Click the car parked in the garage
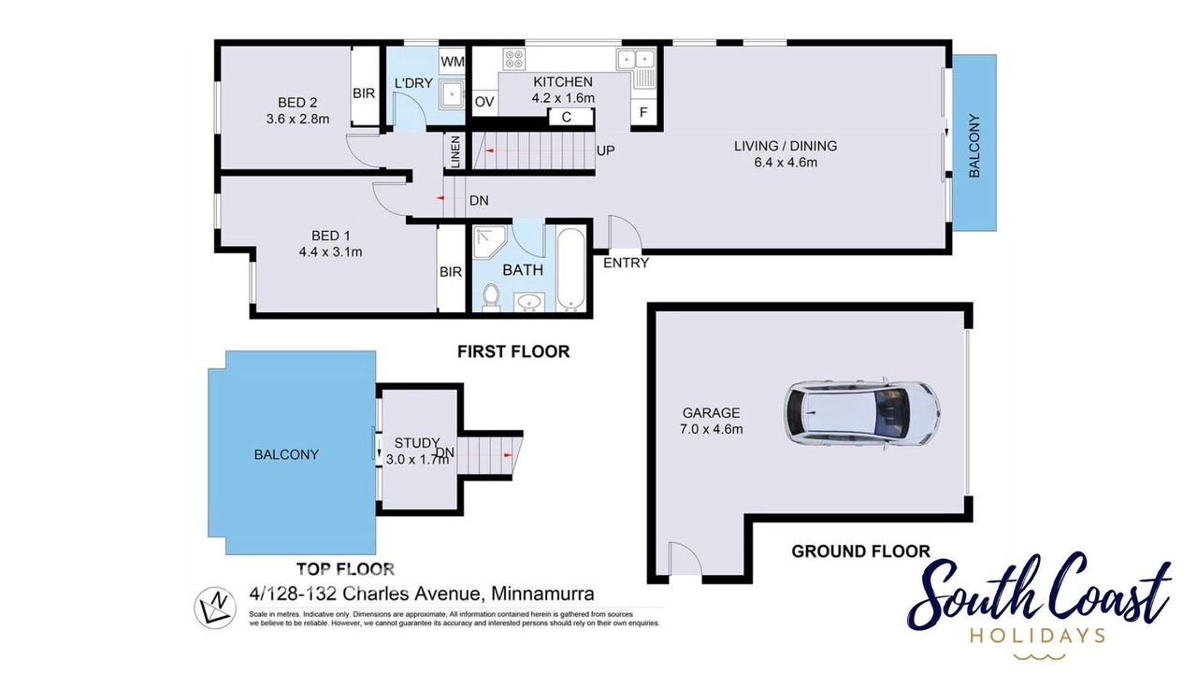pos(862,414)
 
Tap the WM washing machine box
pos(452,62)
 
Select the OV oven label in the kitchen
pos(484,102)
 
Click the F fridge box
pos(643,112)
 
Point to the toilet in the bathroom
pos(490,297)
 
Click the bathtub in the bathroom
pos(570,269)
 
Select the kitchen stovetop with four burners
pos(514,59)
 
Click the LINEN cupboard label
pos(455,152)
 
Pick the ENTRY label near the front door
pos(626,263)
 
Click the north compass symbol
pos(214,608)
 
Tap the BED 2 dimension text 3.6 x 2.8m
pos(297,119)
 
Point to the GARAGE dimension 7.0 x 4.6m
pos(712,429)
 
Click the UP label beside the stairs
pos(605,150)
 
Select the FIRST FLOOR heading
pos(513,351)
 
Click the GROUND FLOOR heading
pos(861,551)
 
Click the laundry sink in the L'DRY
pos(452,94)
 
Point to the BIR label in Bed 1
pos(451,272)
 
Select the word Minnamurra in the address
pos(542,594)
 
